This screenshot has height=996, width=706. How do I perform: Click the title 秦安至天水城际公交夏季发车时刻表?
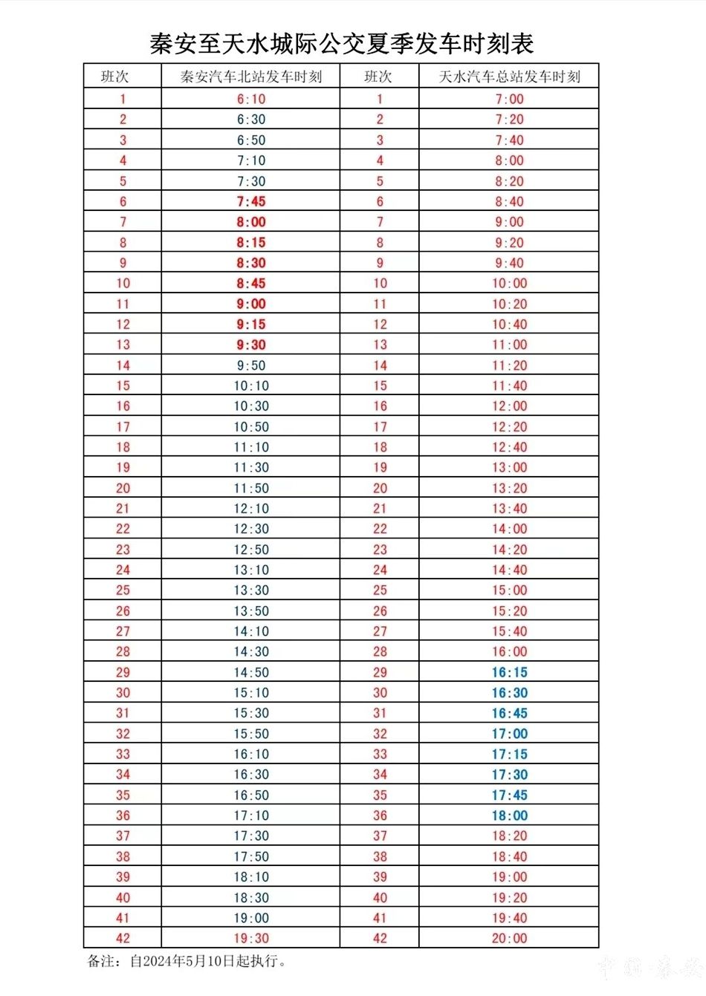[342, 44]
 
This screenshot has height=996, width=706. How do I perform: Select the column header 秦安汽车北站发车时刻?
[251, 77]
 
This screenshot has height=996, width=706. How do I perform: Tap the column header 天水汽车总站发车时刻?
[509, 77]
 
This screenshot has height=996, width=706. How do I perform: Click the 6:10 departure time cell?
[251, 99]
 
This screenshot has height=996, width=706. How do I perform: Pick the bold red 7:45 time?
[251, 201]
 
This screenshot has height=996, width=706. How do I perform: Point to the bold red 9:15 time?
[251, 325]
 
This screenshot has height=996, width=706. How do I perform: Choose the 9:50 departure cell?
[251, 365]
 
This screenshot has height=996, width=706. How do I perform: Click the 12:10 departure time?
[251, 509]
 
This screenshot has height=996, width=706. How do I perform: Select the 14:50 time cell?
[251, 672]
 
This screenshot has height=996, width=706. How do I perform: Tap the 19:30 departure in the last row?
[251, 938]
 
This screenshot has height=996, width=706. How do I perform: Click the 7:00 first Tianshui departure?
[509, 99]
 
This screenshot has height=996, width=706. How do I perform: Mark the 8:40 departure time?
[509, 201]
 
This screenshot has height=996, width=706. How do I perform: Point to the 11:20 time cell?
[509, 365]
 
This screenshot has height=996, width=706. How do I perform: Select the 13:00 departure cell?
[509, 468]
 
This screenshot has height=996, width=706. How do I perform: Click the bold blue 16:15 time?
[509, 672]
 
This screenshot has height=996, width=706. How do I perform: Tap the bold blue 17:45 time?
[509, 795]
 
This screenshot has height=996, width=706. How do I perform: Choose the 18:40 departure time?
[509, 856]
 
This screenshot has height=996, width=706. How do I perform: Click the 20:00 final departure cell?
[509, 938]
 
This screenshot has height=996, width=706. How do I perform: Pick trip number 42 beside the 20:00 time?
[380, 938]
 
